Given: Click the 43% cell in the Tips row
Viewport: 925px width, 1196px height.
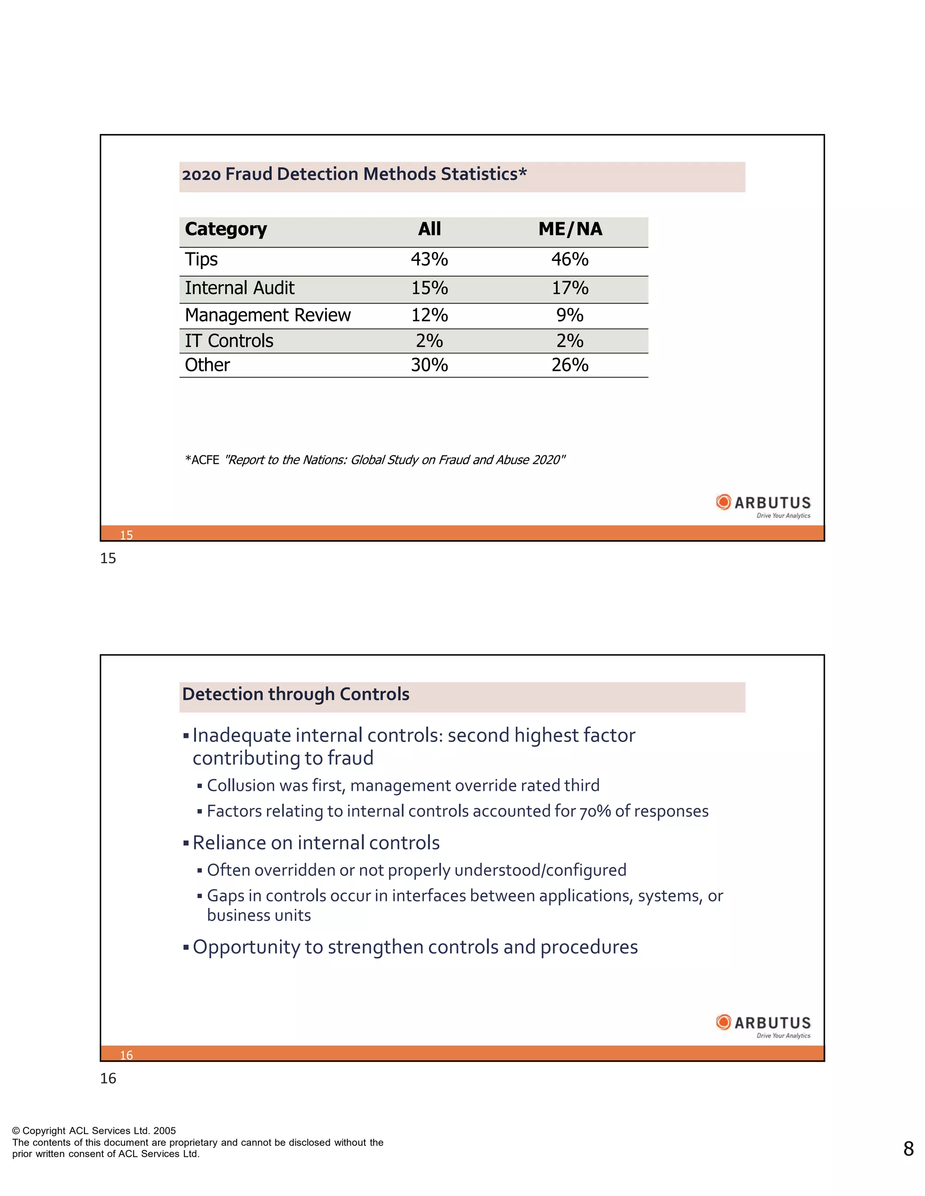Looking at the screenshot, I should tap(429, 259).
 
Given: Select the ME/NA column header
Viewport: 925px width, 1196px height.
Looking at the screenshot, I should tap(570, 229).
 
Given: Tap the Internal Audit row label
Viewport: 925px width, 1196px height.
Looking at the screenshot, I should tap(239, 288).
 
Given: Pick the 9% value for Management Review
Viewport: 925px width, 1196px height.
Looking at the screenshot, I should tap(570, 315).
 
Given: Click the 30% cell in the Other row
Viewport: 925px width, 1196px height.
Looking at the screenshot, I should tap(429, 365).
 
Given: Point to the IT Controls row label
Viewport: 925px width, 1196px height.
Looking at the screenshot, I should tap(229, 341).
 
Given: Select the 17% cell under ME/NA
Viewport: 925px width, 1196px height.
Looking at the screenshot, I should tap(570, 288).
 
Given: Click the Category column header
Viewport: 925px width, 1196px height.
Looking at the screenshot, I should tap(226, 229).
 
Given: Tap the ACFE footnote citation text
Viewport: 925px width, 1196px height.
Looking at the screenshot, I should tap(375, 460).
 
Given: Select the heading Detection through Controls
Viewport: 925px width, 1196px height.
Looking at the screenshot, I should tap(295, 695).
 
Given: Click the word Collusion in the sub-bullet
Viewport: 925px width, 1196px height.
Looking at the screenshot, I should tap(241, 786).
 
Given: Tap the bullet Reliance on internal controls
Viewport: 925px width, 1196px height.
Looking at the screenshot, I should tap(316, 843).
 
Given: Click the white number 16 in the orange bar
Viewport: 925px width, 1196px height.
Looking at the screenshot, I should tap(126, 1055).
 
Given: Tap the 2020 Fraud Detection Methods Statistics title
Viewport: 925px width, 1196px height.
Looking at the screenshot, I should tap(354, 174).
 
